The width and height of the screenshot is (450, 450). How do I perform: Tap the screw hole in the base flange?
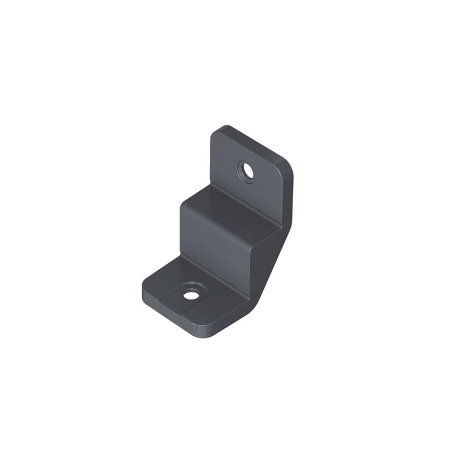click(191, 294)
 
